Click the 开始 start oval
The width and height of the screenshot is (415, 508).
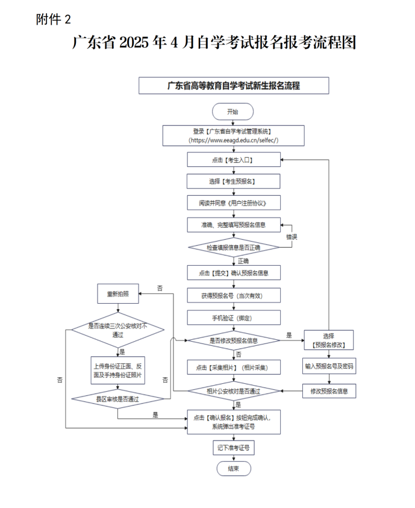233,111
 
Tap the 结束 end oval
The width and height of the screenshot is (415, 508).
233,468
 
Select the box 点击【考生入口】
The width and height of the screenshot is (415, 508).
234,160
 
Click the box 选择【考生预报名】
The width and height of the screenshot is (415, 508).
234,181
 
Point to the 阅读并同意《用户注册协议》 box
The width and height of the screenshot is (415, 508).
234,203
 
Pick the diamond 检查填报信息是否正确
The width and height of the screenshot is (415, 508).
234,247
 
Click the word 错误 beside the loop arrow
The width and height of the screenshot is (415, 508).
292,237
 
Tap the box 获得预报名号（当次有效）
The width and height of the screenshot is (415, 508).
234,295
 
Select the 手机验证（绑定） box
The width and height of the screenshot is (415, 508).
234,318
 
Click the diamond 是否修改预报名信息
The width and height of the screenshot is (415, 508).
234,340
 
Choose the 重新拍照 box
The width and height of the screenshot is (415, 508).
117,295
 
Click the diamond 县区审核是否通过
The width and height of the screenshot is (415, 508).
117,398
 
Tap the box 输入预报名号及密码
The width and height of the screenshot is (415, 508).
329,366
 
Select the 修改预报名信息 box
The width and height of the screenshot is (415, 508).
329,390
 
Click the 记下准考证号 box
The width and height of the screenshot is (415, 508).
233,448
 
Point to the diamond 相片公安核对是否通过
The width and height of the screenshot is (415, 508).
234,391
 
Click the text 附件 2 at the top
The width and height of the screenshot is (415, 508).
54,19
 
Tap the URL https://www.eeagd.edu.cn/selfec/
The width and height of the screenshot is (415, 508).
234,140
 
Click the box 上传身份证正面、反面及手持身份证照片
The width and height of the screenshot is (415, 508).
117,369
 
